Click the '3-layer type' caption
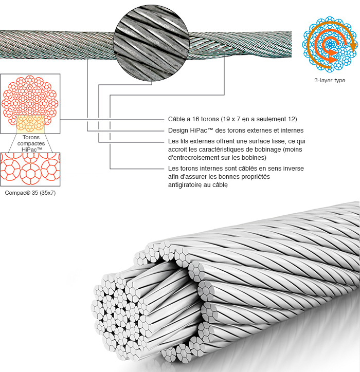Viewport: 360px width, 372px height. pyautogui.click(x=330, y=81)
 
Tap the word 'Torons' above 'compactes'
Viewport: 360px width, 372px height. pyautogui.click(x=31, y=137)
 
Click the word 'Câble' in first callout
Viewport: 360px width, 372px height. pyautogui.click(x=177, y=119)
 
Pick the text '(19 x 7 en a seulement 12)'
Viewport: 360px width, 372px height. pyautogui.click(x=256, y=119)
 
